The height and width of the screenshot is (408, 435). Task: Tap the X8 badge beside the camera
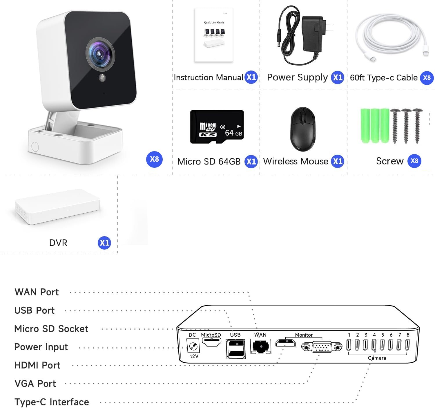[x=154, y=159]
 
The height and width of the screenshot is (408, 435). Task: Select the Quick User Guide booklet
[x=214, y=35]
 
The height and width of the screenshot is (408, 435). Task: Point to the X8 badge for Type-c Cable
[x=427, y=78]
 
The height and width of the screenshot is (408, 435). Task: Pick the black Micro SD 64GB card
[x=217, y=127]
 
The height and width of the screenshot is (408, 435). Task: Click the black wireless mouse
[x=303, y=129]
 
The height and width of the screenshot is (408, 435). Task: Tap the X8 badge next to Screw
[x=414, y=161]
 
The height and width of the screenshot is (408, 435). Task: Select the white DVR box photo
[x=57, y=207]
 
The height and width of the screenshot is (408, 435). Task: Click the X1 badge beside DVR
[x=104, y=243]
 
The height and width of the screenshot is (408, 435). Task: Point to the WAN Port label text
[x=37, y=292]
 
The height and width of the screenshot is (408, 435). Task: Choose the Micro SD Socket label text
[x=51, y=329]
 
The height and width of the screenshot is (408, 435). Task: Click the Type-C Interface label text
[x=52, y=402]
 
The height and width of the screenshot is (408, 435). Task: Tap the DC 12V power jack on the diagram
[x=193, y=346]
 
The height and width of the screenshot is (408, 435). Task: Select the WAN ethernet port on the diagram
[x=261, y=346]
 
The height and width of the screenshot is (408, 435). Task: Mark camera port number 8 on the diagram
[x=407, y=345]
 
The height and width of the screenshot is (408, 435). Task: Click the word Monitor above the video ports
[x=304, y=335]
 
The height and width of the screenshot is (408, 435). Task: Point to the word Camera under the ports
[x=377, y=358]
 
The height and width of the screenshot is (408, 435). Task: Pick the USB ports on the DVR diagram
[x=235, y=348]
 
